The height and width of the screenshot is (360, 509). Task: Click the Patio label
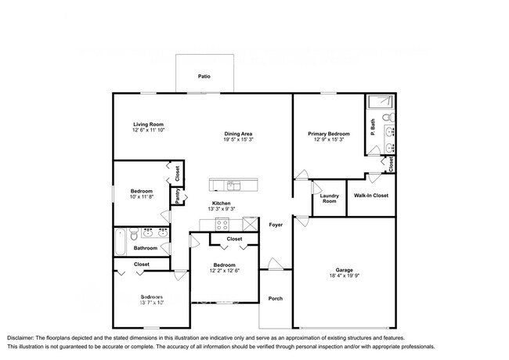pyautogui.click(x=204, y=77)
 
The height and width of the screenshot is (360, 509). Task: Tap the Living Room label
pyautogui.click(x=148, y=124)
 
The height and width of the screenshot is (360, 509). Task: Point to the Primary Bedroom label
pyautogui.click(x=328, y=134)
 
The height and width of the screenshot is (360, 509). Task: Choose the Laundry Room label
pyautogui.click(x=329, y=198)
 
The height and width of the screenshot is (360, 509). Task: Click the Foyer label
pyautogui.click(x=276, y=225)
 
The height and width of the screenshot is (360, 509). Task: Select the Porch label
pyautogui.click(x=276, y=298)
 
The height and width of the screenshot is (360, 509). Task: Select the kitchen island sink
pyautogui.click(x=233, y=185)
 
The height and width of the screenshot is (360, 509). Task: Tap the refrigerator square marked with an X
pyautogui.click(x=251, y=225)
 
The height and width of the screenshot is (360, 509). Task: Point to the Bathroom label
pyautogui.click(x=145, y=248)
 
